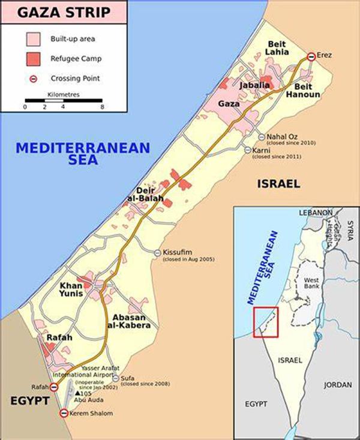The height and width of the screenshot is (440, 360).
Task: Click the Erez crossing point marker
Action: click(x=311, y=56)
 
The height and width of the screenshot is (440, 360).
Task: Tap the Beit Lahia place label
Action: click(x=277, y=49)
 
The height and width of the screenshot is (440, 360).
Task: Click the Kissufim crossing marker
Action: click(x=158, y=252)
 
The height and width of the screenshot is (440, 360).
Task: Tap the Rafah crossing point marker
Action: click(x=54, y=388)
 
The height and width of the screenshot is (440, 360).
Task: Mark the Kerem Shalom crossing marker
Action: click(x=64, y=413)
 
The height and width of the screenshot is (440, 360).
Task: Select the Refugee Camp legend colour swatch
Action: click(x=34, y=58)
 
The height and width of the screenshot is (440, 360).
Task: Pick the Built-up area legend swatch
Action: click(x=34, y=39)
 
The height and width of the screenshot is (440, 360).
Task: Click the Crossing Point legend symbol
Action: click(x=34, y=78)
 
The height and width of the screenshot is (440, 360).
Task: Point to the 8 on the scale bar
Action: click(x=103, y=107)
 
